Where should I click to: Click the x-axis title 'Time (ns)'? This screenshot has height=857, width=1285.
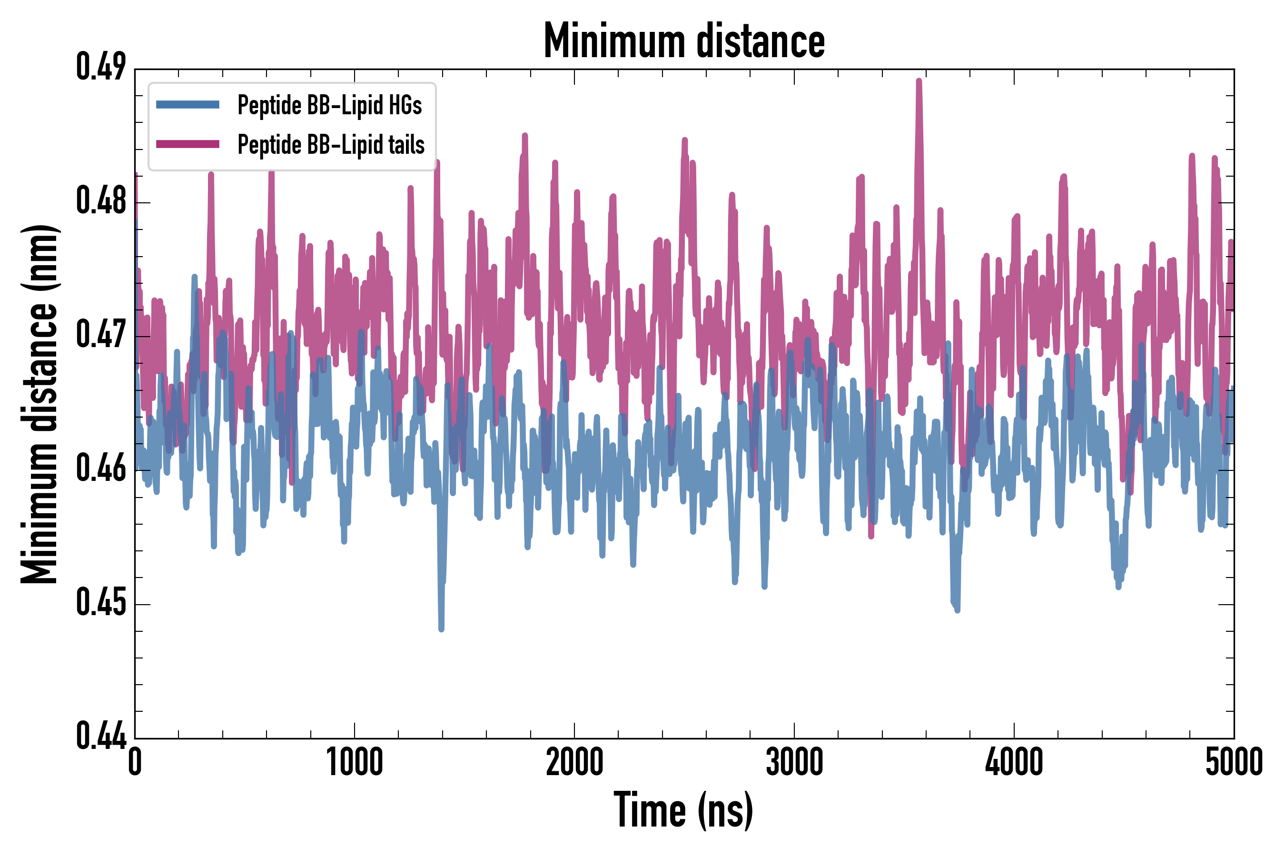coord(683,810)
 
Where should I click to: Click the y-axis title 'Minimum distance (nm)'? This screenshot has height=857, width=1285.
coord(40,404)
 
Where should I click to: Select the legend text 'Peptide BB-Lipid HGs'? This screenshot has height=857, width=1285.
coord(329,105)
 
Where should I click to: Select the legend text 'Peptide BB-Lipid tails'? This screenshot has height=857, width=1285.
coord(331,145)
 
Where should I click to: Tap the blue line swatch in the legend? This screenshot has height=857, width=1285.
coord(188,105)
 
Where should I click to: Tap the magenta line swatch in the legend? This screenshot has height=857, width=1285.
coord(188,144)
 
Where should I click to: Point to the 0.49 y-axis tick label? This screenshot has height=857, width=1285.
coord(101,68)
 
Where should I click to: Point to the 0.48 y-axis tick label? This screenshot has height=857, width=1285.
coord(101,201)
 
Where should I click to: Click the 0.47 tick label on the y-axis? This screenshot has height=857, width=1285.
coord(101,335)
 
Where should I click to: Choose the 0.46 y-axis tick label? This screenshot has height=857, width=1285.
coord(101,469)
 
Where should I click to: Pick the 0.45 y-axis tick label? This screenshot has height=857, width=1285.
coord(101,603)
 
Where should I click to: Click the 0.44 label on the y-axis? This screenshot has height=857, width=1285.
coord(101,737)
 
